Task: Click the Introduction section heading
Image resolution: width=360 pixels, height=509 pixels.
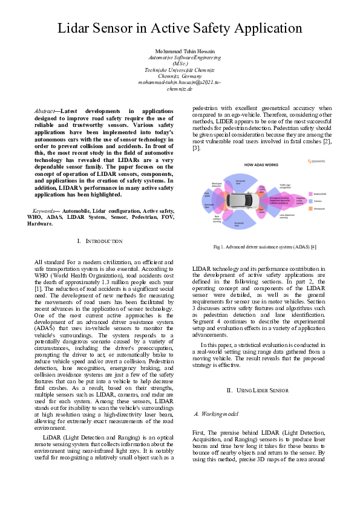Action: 100,242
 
